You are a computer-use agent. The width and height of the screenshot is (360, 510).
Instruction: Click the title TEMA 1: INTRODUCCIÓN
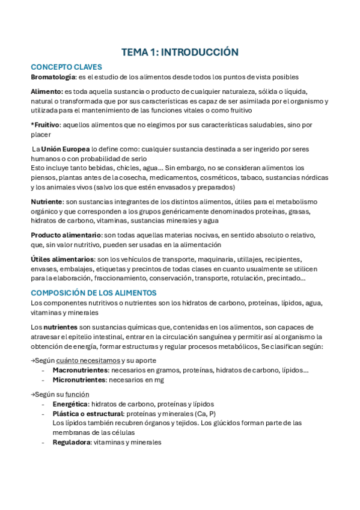click(180, 52)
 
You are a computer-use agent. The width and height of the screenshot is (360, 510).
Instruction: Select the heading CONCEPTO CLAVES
click(66, 67)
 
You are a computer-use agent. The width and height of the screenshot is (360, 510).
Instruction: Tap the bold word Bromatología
click(53, 77)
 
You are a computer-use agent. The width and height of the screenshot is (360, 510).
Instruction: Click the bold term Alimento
click(46, 91)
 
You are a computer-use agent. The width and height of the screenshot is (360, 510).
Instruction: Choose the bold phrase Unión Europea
click(66, 148)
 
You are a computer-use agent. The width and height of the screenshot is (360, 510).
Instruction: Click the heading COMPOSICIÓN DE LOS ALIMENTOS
click(93, 293)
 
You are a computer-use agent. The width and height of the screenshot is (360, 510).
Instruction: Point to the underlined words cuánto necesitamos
click(87, 360)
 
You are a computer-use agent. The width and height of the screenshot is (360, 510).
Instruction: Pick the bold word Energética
click(70, 404)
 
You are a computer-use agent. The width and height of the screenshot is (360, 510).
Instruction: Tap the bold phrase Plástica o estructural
click(88, 414)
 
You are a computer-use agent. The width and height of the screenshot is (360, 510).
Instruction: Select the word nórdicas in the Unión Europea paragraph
click(313, 177)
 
